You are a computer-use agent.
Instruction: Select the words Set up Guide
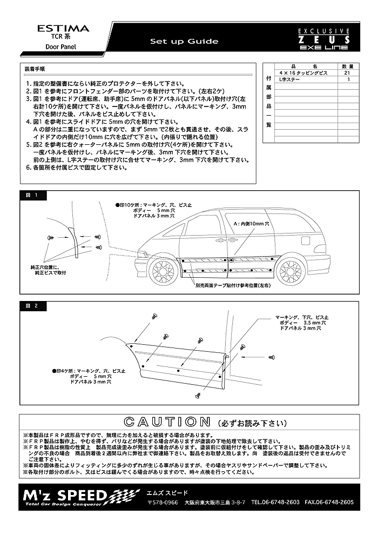(184, 42)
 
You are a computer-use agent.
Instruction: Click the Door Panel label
(60, 47)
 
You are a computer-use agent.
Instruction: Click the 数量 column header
(348, 65)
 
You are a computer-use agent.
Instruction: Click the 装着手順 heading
(35, 69)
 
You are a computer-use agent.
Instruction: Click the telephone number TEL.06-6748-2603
(275, 502)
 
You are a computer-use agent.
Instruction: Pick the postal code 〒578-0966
(163, 502)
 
